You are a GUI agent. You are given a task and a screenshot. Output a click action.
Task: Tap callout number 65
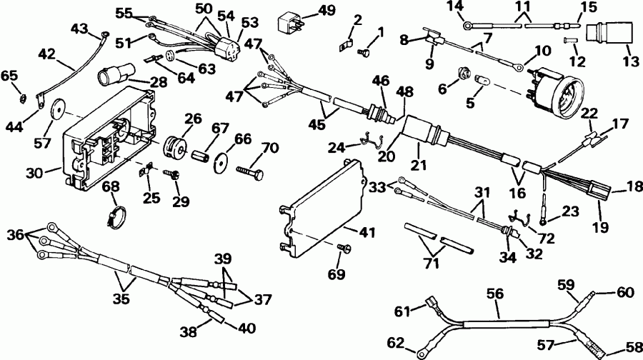[x=10, y=75]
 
